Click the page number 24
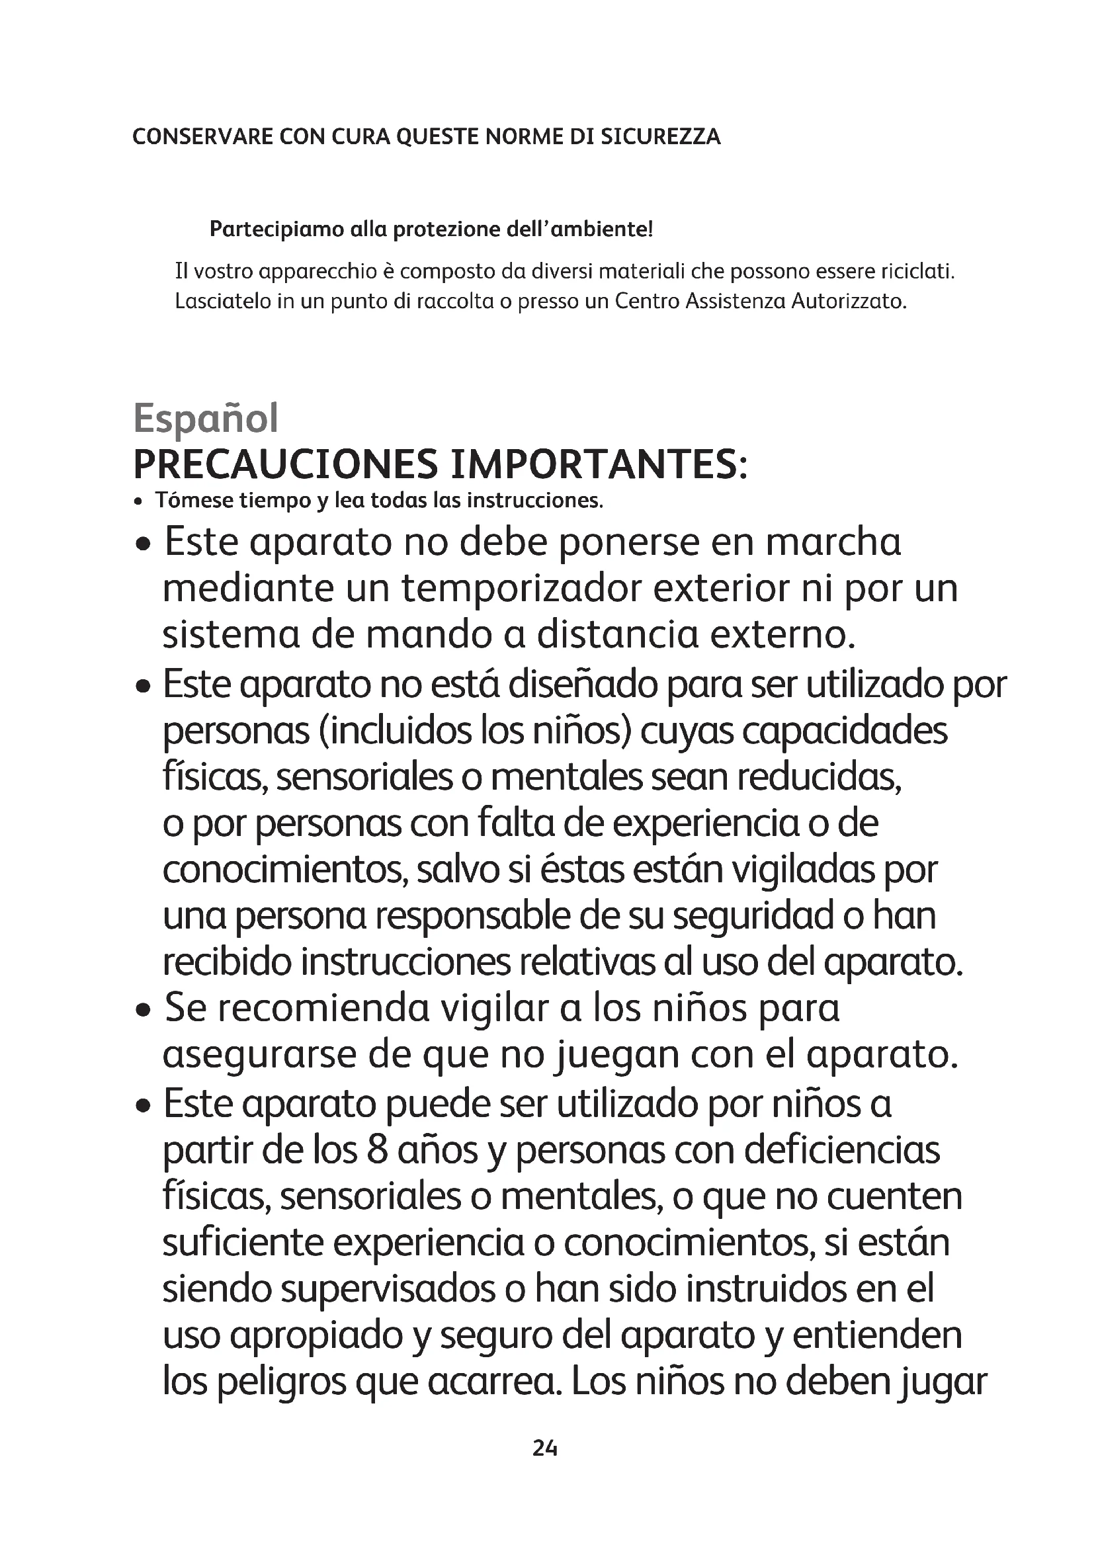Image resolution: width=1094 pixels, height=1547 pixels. pos(545,1448)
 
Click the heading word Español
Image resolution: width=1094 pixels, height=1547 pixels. pos(206,419)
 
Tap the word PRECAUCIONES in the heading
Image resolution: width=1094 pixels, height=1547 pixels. pos(286,464)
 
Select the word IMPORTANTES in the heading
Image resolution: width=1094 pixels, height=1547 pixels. pos(599,464)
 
